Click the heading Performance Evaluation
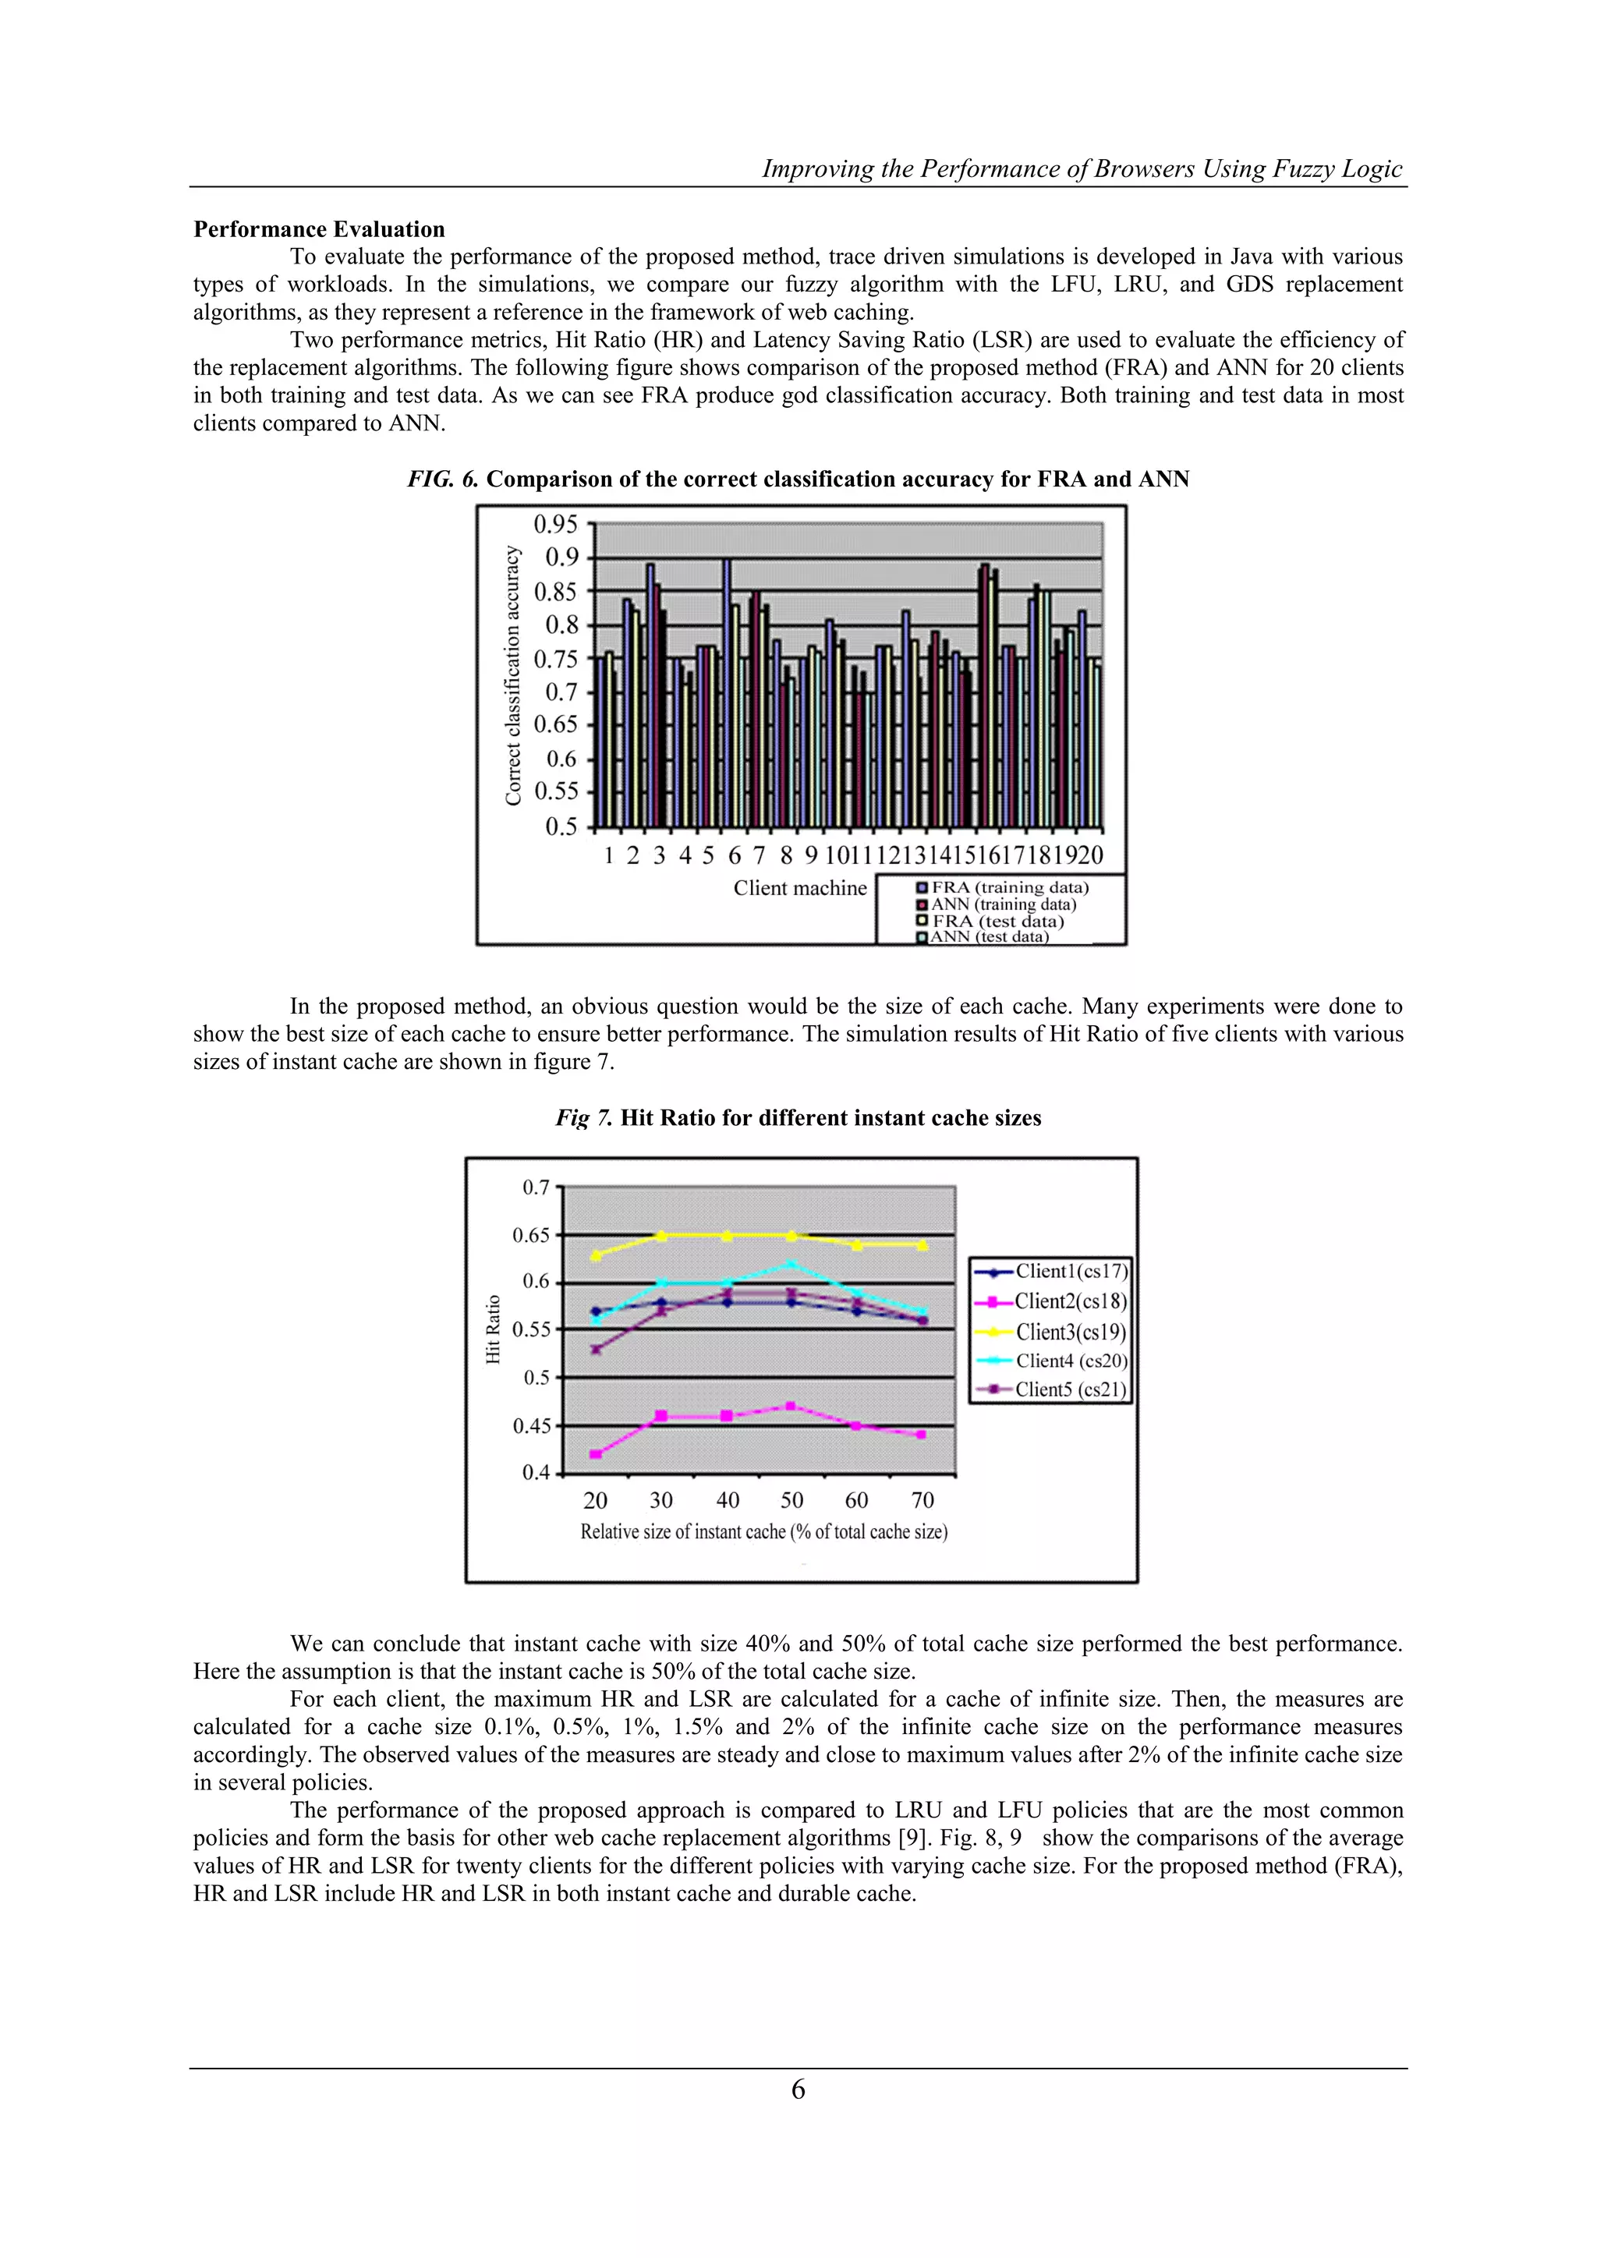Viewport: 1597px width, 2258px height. tap(319, 229)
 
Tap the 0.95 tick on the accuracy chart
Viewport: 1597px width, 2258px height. tap(557, 524)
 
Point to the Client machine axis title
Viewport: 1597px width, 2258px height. tap(799, 888)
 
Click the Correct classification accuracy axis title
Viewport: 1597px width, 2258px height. tap(512, 676)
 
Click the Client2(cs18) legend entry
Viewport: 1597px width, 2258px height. tap(1070, 1301)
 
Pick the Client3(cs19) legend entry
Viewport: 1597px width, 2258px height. tap(1070, 1332)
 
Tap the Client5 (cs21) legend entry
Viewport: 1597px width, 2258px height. tap(1070, 1389)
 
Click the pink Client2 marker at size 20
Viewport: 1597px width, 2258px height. tap(596, 1453)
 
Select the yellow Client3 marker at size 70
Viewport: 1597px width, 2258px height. tap(922, 1245)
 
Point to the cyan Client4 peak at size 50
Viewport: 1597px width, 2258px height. tap(791, 1264)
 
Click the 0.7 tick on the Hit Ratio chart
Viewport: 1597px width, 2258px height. tap(536, 1188)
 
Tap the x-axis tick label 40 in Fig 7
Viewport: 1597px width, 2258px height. tap(728, 1501)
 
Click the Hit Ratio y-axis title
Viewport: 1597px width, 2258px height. tap(494, 1329)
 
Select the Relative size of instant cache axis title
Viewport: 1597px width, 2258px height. tap(764, 1531)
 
